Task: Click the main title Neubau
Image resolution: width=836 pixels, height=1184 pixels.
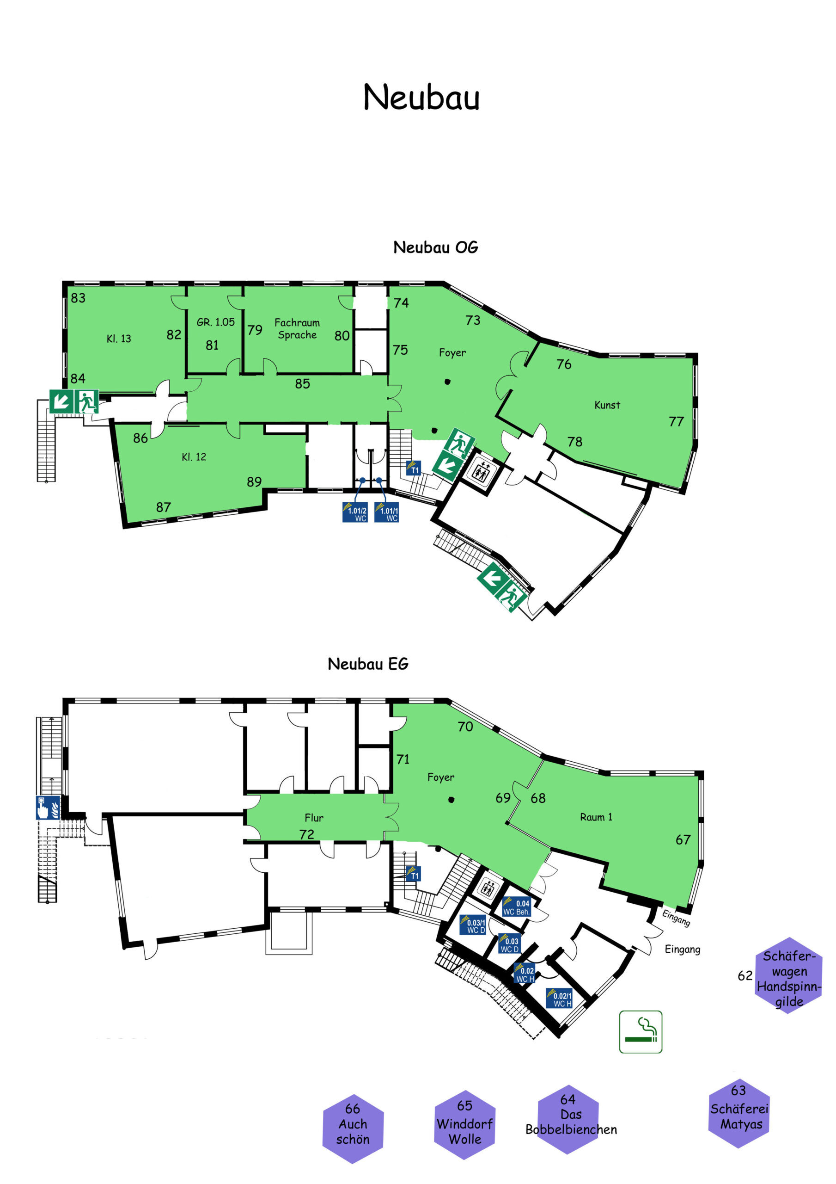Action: [x=421, y=97]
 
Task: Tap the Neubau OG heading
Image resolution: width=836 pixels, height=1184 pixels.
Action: [x=435, y=247]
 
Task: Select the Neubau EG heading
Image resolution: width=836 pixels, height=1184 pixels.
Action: [x=368, y=664]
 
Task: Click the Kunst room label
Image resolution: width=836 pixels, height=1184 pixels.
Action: [x=607, y=405]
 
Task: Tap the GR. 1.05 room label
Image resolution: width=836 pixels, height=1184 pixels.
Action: [x=215, y=322]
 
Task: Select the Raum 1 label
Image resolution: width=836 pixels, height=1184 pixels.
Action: [x=596, y=817]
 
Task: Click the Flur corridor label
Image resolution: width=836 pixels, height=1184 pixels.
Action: [x=314, y=817]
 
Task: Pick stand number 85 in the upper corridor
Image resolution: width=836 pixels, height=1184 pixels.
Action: [x=303, y=384]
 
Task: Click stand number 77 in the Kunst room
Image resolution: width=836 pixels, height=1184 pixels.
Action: [x=676, y=421]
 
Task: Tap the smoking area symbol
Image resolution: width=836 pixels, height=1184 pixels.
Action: [x=640, y=1031]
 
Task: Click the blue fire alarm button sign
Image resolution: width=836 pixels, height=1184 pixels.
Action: [x=48, y=808]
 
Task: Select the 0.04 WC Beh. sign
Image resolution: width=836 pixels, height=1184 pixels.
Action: [x=517, y=907]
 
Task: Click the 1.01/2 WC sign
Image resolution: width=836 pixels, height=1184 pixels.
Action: [x=355, y=512]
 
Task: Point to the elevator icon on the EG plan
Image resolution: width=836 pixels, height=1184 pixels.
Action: [x=487, y=888]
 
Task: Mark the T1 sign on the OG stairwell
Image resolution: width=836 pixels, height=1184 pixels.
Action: [x=413, y=468]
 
